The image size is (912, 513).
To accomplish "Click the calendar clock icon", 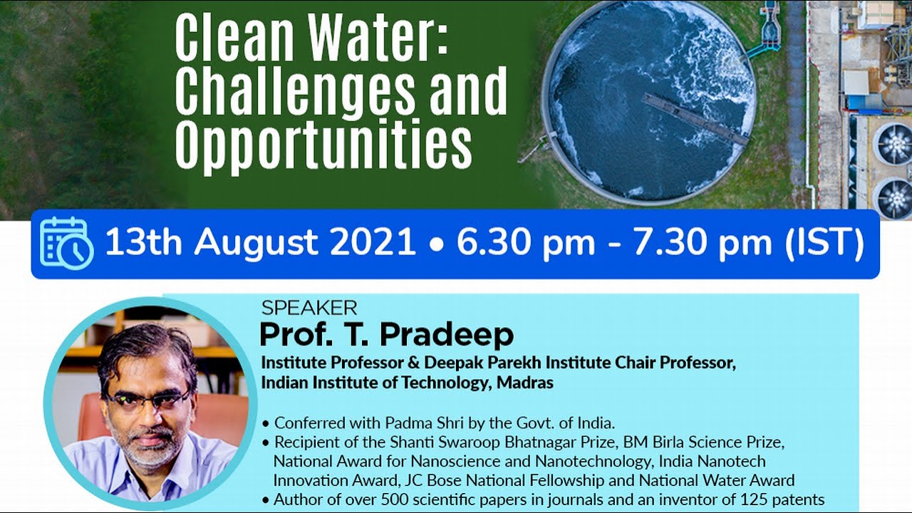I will coord(66,243).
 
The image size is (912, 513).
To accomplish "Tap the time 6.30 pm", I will coord(525,243).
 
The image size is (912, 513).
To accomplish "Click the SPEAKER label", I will coord(309,309).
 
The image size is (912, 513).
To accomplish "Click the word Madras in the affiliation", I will coord(524,383).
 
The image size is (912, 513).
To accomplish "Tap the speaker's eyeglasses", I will coord(147,401).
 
